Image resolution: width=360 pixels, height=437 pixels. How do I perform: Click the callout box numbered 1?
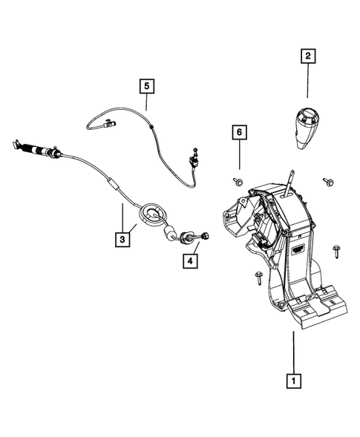coord(295,381)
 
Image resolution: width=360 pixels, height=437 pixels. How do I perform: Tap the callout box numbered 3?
coord(120,239)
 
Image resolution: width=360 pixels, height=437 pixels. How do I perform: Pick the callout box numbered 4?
coord(190,260)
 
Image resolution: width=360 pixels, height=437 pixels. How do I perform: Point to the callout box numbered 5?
coord(147,86)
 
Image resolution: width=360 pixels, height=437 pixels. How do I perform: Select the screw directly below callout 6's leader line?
coord(238,181)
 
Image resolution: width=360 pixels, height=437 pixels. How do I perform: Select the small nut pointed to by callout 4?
coord(203,237)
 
